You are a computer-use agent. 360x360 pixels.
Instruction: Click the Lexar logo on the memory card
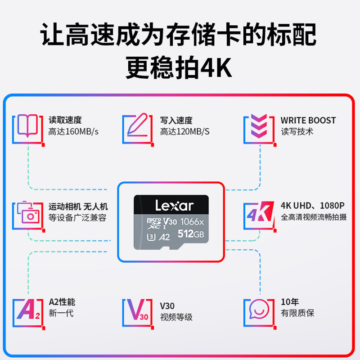(174, 206)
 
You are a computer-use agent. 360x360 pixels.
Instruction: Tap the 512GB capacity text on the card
(191, 234)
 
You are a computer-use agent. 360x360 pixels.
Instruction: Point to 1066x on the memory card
(192, 221)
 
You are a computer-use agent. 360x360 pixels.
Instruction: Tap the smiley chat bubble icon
(259, 309)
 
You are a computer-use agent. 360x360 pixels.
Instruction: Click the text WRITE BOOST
(308, 121)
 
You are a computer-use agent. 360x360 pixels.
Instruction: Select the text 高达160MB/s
(73, 132)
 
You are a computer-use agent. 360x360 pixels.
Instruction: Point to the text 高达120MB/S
(185, 132)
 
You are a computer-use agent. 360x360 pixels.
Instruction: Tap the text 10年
(290, 302)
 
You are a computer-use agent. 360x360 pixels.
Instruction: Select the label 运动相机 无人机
(78, 207)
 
